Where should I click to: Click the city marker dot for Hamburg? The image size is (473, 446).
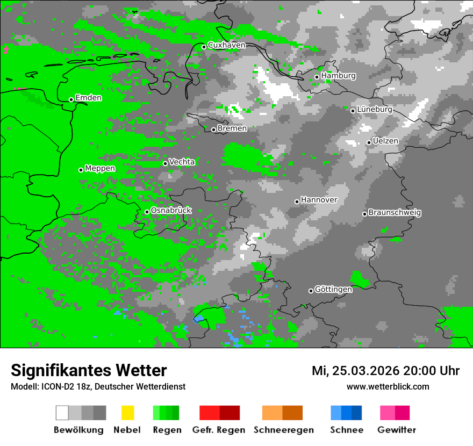317,77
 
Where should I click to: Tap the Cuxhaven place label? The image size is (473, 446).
226,45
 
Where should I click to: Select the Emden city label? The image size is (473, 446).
88,98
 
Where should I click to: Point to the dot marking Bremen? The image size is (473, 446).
213,130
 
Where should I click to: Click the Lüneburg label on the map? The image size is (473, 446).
375,109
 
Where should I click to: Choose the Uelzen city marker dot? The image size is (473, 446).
369,142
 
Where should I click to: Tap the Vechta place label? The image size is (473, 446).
182,162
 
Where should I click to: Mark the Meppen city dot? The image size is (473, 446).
81,170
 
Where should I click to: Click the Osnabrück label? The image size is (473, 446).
171,211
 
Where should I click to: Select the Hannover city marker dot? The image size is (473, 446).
297,202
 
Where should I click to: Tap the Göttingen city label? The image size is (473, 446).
333,289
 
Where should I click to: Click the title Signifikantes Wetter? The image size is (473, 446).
89,370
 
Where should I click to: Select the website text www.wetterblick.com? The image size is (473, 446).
388,386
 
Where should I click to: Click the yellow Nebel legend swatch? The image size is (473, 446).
127,413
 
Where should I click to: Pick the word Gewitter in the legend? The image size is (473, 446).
397,430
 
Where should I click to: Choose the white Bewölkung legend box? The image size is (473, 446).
62,413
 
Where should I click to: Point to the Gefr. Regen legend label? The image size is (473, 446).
219,430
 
